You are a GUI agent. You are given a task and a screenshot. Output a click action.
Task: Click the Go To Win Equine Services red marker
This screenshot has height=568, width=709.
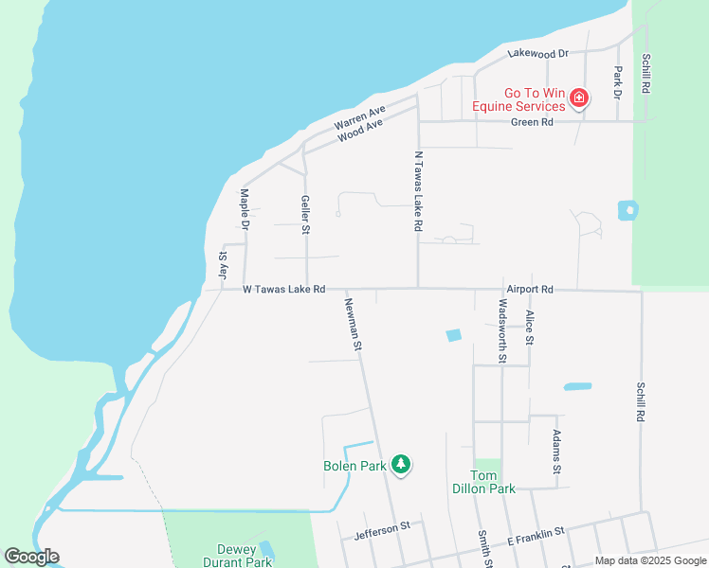click(578, 98)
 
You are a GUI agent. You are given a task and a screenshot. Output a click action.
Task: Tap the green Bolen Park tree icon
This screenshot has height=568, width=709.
click(402, 464)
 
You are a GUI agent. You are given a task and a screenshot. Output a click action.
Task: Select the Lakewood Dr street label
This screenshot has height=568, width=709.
click(536, 55)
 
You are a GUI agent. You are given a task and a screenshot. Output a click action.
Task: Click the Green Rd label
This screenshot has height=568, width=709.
click(532, 122)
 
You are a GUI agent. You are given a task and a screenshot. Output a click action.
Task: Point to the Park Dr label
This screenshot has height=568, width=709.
click(617, 83)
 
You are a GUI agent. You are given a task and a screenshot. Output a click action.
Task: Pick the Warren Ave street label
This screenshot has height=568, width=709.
click(359, 118)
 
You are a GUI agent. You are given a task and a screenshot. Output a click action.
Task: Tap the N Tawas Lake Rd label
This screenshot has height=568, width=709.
click(417, 191)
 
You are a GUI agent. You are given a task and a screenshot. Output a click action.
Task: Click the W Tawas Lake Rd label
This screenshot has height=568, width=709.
click(283, 289)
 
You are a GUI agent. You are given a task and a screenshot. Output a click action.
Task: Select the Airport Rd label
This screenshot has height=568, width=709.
click(529, 289)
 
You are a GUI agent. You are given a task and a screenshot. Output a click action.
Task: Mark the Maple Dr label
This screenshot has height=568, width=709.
click(245, 209)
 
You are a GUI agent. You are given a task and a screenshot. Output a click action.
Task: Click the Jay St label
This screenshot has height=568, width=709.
click(224, 264)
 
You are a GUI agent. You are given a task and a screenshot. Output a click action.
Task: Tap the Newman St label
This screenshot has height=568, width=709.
click(353, 325)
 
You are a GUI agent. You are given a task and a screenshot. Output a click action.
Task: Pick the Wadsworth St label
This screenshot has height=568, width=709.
click(502, 330)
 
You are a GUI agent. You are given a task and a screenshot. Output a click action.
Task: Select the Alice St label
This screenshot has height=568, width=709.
click(529, 327)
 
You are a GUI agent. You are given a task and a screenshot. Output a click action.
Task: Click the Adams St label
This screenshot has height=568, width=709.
click(556, 452)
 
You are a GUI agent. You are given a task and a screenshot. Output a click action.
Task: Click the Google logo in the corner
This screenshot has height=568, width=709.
click(31, 557)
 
